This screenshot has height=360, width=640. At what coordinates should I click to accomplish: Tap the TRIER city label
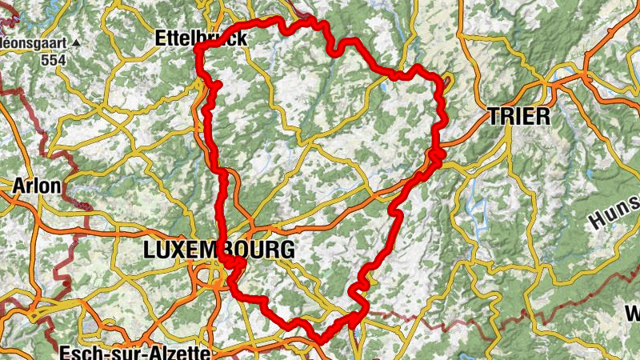pos(518,116)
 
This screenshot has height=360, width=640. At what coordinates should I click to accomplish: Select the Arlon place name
pos(37,186)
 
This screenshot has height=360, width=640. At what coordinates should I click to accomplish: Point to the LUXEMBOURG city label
pos(218,250)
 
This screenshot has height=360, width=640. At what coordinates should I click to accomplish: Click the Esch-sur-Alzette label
pos(134,352)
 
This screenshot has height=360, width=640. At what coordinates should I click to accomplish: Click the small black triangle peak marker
pos(76,42)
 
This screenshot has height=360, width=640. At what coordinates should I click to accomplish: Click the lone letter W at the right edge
pos(632,312)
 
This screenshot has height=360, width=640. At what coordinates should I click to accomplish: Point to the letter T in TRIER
pos(494,116)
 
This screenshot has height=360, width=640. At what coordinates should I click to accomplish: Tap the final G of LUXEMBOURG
pos(286,250)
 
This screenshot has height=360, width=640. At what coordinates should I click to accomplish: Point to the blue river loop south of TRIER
pos(480,212)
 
